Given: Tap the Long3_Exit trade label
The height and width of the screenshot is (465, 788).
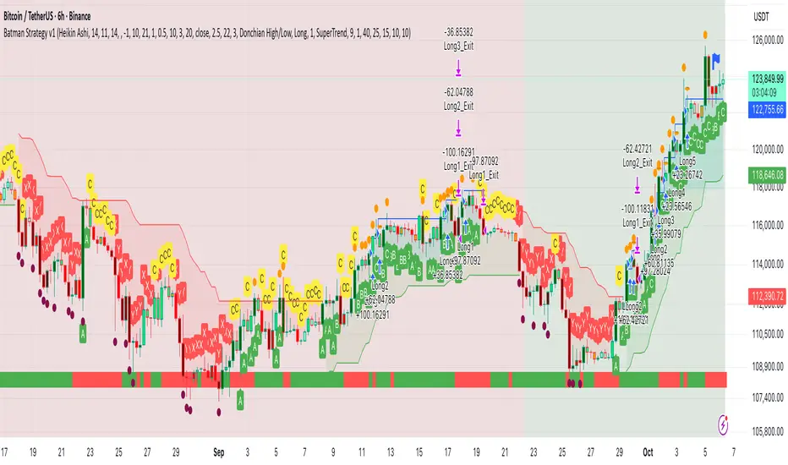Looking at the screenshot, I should click(457, 47).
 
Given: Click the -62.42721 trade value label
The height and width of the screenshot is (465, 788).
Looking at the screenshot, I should click(639, 149).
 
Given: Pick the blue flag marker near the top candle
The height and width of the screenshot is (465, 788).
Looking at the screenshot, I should click(715, 59).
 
